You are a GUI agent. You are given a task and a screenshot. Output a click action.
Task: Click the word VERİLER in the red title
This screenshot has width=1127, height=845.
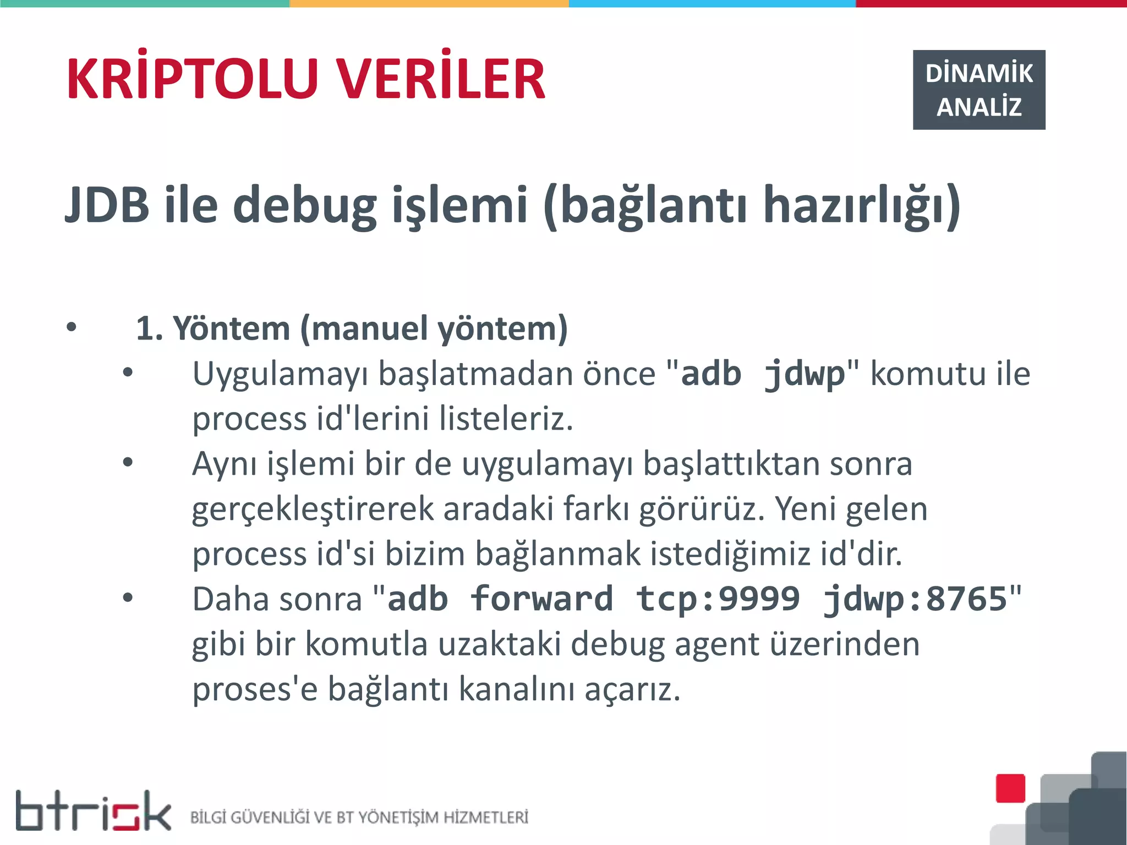pyautogui.click(x=441, y=80)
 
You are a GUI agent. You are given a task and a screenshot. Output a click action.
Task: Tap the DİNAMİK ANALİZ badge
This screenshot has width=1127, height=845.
pyautogui.click(x=978, y=90)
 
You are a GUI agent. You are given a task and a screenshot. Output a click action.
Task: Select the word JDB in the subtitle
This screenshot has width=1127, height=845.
pyautogui.click(x=107, y=205)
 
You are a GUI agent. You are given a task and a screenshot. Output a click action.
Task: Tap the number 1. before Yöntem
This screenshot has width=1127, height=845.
pyautogui.click(x=149, y=329)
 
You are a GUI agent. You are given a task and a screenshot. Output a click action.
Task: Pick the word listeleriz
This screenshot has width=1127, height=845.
pyautogui.click(x=506, y=419)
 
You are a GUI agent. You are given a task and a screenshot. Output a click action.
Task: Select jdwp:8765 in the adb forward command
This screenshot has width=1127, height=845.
pyautogui.click(x=915, y=600)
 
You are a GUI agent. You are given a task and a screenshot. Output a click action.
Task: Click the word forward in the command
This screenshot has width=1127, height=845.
pyautogui.click(x=541, y=599)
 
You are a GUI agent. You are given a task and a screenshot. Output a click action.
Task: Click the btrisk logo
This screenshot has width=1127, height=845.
pyautogui.click(x=93, y=811)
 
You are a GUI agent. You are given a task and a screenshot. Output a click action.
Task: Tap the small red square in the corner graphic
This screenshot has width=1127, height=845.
pyautogui.click(x=1010, y=788)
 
